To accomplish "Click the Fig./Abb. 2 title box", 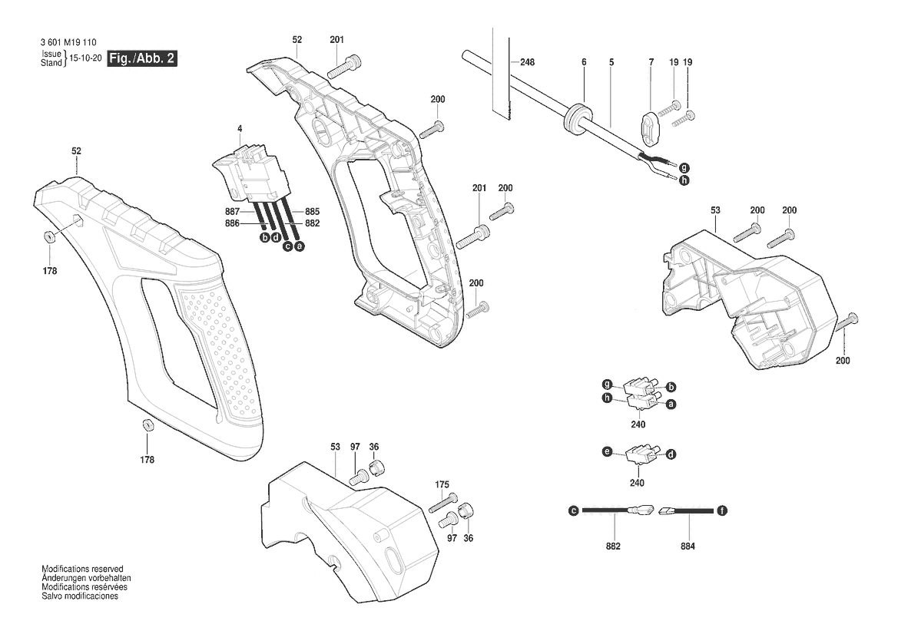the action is [142, 58].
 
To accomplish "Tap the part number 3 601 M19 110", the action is [68, 42].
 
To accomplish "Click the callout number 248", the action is [528, 62].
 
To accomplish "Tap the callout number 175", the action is [442, 484].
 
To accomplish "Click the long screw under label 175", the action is [443, 503].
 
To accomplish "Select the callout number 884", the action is [688, 546].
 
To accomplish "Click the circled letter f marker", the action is [722, 510].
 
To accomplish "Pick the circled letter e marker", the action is [607, 452].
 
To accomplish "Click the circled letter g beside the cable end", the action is [684, 168].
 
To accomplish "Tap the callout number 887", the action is [233, 212].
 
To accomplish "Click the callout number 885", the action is [312, 212].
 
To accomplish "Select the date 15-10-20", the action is [86, 58].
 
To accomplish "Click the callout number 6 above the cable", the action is [584, 62].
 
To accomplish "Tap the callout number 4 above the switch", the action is [240, 129].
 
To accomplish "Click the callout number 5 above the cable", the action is [611, 62].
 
